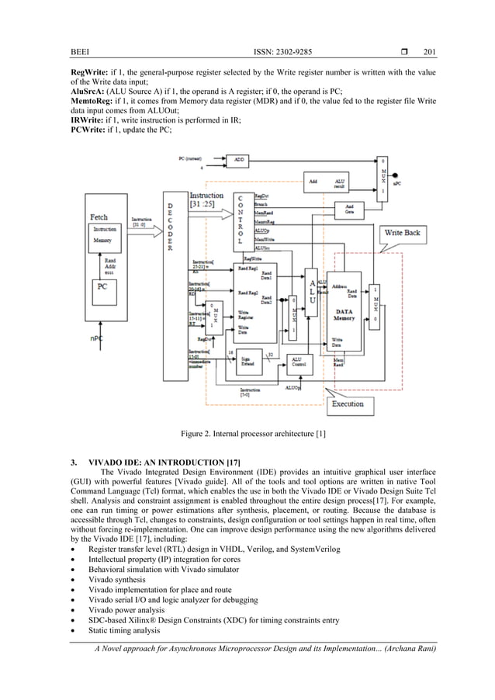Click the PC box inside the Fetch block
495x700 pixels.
102,287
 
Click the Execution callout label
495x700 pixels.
347,404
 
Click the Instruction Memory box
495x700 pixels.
102,236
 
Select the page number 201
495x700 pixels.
430,53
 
